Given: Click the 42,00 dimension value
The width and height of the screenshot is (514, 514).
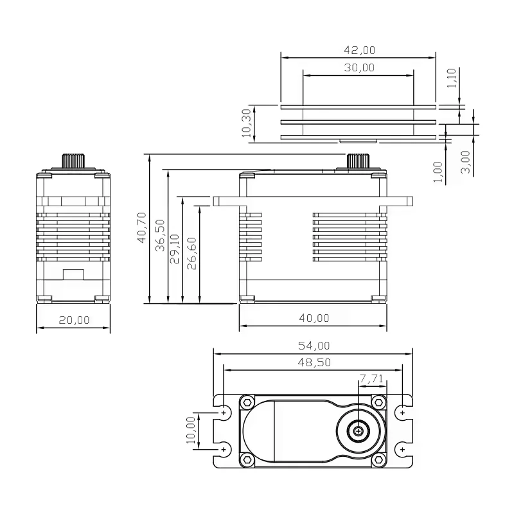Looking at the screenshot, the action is pos(359,50).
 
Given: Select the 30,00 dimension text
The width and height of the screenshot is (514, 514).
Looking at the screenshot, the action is pos(359,67).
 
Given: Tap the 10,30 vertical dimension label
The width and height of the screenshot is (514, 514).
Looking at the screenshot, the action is pos(246,123).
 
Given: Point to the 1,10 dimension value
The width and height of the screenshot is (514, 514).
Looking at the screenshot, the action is pos(452,78).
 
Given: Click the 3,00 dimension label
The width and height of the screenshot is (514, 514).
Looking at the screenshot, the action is pos(465,162).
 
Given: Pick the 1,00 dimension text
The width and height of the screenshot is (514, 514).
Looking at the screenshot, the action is pos(438,172).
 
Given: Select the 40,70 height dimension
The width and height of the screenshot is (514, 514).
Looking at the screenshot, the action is pos(141,227).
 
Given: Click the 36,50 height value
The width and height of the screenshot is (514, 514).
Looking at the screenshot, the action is pos(160,235).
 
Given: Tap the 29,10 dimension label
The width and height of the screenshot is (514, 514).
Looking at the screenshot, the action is pos(174,249).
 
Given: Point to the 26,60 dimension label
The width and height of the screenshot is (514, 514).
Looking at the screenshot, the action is pos(191,253).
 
